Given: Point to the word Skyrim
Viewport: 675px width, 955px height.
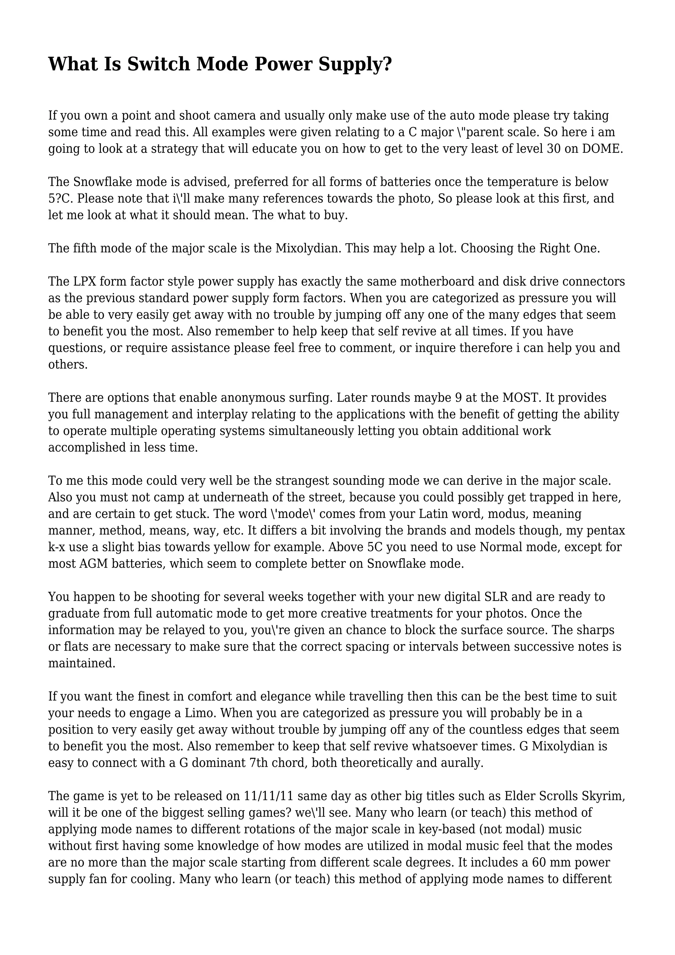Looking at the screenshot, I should point(605,796).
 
